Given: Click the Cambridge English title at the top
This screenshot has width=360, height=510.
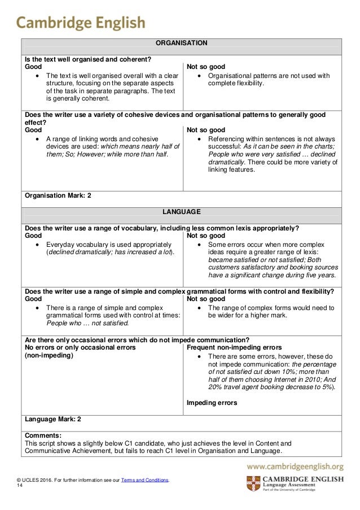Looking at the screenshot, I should click(x=81, y=21).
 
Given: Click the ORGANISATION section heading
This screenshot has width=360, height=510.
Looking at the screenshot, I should click(x=182, y=43).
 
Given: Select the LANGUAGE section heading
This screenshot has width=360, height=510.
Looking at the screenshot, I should click(x=182, y=212).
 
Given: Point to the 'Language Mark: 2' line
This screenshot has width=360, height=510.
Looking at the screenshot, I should click(x=52, y=420).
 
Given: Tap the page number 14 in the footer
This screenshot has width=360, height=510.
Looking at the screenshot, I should click(x=20, y=486).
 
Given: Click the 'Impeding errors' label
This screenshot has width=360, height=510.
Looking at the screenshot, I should click(x=212, y=403).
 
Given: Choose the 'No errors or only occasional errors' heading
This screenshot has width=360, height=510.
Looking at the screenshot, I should click(x=80, y=347).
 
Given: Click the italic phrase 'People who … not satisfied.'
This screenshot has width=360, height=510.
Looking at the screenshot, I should click(x=87, y=324).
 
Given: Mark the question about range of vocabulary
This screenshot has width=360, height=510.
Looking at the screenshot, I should click(x=161, y=228).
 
